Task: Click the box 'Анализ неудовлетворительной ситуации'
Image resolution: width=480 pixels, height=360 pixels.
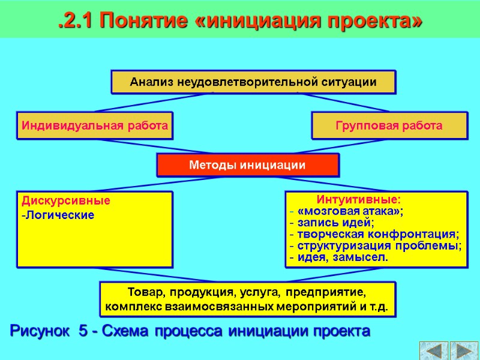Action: (253, 82)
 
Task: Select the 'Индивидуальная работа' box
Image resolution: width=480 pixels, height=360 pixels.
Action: (95, 126)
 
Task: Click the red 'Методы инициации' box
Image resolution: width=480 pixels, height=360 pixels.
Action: (248, 165)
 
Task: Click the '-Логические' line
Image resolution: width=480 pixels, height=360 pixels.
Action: (58, 215)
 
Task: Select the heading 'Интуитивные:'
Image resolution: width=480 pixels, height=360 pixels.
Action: (359, 199)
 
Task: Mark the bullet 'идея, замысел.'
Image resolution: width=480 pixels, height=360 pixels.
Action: (343, 257)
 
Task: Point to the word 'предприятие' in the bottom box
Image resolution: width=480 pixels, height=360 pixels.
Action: (325, 293)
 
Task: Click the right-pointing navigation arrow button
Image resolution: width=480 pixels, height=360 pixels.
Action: (463, 350)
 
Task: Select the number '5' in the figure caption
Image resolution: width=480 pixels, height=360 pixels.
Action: (83, 331)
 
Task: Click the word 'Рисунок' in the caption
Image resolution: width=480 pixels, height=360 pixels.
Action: (39, 331)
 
